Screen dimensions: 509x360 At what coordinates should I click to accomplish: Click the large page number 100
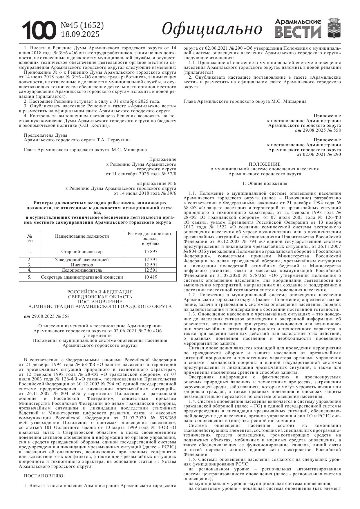pos(39,30)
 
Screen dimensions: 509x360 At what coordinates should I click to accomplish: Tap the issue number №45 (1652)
pos(82,26)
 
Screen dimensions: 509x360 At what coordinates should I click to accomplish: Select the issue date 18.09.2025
pos(80,34)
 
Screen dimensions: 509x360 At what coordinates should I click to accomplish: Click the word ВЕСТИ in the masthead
pos(298,32)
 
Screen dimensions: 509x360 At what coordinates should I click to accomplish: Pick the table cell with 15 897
pos(151,252)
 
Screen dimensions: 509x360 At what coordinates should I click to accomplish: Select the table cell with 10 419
pos(151,277)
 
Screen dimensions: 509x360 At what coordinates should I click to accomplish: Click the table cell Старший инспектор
pos(82,252)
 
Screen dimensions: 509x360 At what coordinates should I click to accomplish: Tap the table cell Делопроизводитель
pos(82,270)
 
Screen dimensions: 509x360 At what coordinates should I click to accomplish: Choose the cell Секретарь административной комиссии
pos(82,277)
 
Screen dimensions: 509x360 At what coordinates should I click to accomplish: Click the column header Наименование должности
pos(82,236)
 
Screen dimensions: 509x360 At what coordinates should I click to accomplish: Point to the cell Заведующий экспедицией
pos(82,260)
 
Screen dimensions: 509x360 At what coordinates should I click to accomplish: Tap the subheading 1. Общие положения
pos(265,183)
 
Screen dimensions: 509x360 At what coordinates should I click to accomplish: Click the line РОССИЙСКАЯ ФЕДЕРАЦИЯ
pos(100,292)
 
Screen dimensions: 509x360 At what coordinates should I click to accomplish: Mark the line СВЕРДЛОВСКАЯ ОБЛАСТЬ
pos(100,297)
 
